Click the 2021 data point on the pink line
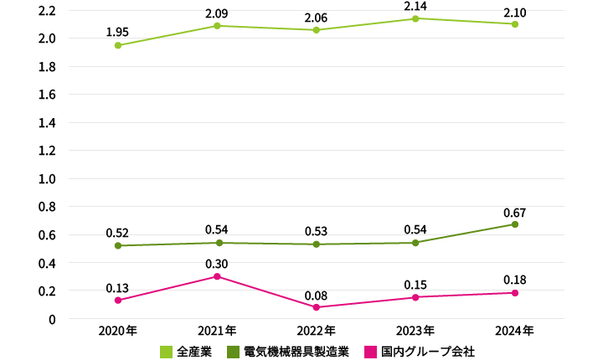coord(217,276)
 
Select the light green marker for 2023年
coord(416,18)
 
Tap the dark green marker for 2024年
coord(515,224)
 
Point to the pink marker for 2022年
coord(317,307)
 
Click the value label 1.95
coord(117,32)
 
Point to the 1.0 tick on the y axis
coord(47,179)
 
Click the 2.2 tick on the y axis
coord(47,11)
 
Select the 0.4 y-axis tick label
coord(47,263)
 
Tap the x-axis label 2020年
coord(117,331)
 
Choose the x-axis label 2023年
coord(416,331)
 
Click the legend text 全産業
coord(193,352)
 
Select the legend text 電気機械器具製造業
coord(296,352)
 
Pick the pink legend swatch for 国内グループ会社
coord(370,352)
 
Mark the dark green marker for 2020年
coord(117,245)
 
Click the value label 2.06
coord(317,17)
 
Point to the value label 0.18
coord(515,279)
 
